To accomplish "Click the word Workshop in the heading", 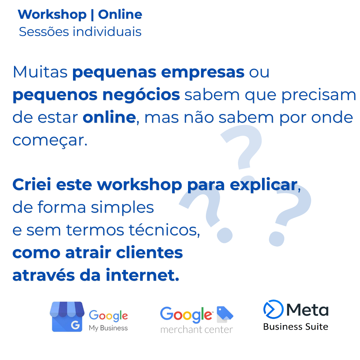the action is pos(52,15).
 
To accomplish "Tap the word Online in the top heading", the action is pos(120,14).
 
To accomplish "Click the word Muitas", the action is pos(40,72).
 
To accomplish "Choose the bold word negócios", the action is pos(141,95).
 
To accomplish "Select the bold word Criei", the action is pos(32,184).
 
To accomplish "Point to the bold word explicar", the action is pos(264,185).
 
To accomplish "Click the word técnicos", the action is pos(164,230).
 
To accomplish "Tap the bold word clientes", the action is pos(149,253).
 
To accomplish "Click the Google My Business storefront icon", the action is pos(67,317).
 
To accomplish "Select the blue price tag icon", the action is pos(225,313).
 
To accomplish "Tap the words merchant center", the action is pos(197,330).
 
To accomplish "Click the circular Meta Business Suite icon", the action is pos(273,309).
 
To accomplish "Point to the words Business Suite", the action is pos(296,327).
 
